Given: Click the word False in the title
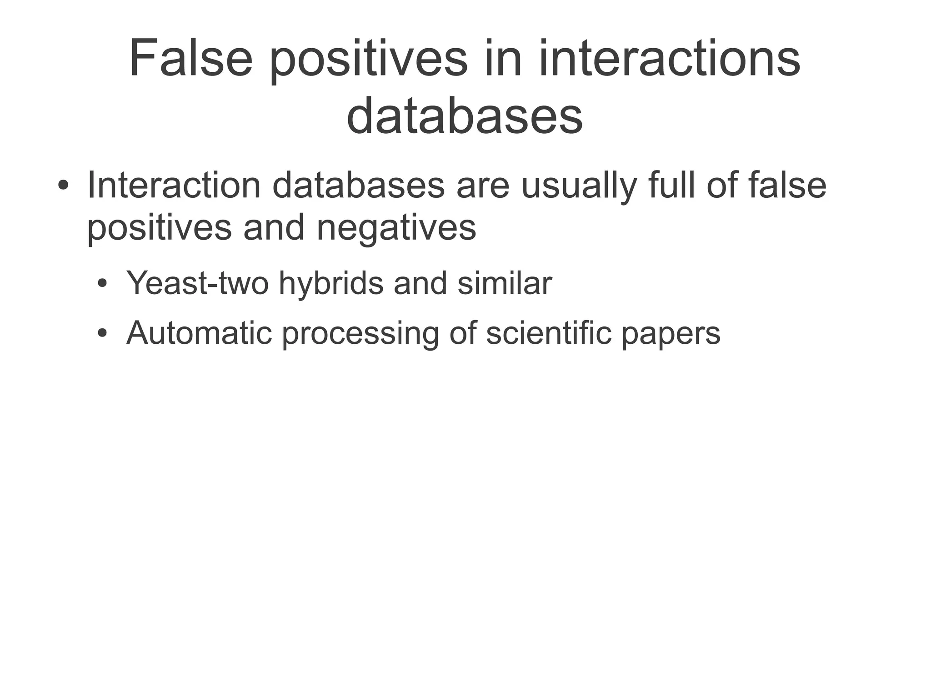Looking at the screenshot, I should tap(190, 60).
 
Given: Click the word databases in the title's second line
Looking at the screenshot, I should tap(465, 116).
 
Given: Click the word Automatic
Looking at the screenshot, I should tap(199, 333).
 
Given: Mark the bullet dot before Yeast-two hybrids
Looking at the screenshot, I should tap(103, 284).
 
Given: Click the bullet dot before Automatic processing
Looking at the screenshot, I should tap(103, 334).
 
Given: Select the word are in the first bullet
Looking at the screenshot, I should tap(483, 186).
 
